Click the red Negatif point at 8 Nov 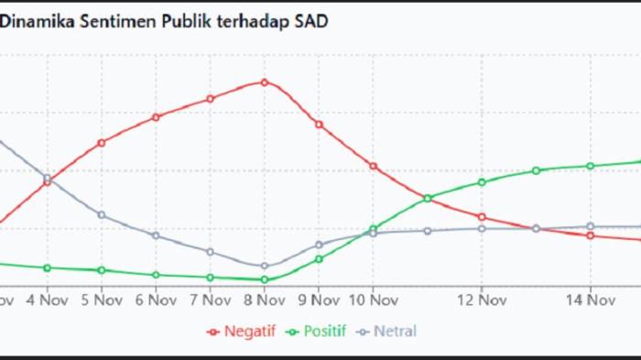tap(265, 82)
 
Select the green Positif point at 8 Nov tap(265, 279)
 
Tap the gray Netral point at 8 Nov tap(265, 266)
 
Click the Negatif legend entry tap(244, 332)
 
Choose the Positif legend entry tap(316, 332)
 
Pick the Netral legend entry tap(387, 332)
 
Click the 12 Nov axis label tap(482, 300)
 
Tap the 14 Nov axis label tap(590, 300)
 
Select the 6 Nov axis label tap(156, 300)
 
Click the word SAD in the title tap(311, 22)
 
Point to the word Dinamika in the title tap(34, 22)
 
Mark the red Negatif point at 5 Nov tap(102, 143)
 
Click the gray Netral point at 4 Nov tap(48, 178)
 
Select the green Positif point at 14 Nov tap(591, 166)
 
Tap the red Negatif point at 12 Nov tap(482, 217)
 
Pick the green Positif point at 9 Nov tap(319, 259)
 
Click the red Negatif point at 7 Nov tap(210, 98)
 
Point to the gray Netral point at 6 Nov tap(156, 235)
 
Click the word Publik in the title tap(184, 22)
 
